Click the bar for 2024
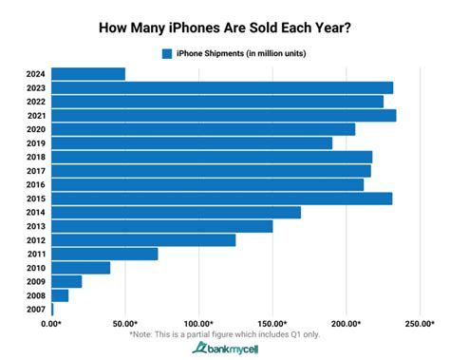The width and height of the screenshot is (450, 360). [88, 73]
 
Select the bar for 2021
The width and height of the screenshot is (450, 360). [224, 115]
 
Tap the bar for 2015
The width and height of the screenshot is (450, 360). [222, 198]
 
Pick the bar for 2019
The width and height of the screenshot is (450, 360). [192, 142]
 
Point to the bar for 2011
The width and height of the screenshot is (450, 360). [104, 254]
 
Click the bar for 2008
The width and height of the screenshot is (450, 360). [60, 295]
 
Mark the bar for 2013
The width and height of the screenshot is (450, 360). [162, 226]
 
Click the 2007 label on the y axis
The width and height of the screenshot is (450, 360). [35, 310]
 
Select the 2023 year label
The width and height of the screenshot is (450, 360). [35, 87]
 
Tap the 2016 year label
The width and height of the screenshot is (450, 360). [35, 184]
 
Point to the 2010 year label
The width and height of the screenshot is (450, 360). [35, 268]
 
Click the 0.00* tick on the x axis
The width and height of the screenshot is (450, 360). [51, 324]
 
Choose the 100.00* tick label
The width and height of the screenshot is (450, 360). [198, 324]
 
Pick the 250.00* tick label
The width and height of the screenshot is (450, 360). [419, 324]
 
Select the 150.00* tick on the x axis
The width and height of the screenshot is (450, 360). [272, 324]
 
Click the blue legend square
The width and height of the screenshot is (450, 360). [167, 53]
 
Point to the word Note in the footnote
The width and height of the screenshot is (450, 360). [150, 334]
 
